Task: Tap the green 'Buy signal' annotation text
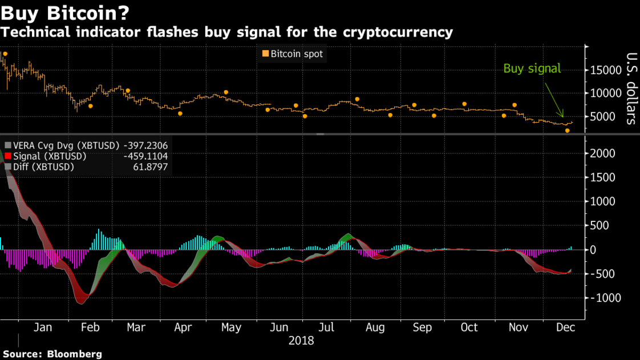pos(532,68)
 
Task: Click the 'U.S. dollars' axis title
pos(631,88)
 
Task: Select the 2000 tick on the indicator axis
pos(602,153)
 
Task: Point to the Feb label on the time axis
pos(90,328)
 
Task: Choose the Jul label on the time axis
pos(326,328)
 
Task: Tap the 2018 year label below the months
pos(301,341)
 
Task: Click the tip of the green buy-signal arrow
pos(563,118)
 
